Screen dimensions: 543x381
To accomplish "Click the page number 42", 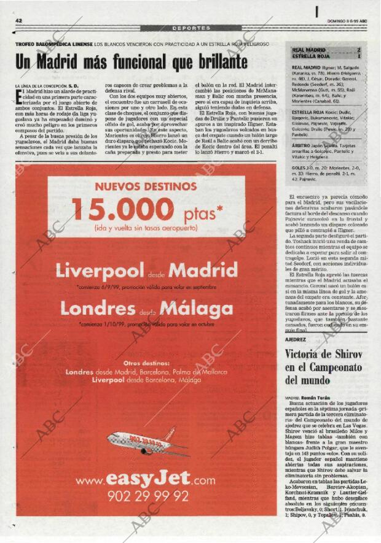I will [19, 21].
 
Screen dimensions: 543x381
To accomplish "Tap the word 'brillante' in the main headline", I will [214, 62].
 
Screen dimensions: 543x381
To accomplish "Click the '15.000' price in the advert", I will [124, 209].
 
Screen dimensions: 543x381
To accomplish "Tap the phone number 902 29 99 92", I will [147, 496].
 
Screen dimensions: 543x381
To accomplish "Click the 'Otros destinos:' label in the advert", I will [146, 363].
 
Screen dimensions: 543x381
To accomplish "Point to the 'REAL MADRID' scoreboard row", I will [326, 50].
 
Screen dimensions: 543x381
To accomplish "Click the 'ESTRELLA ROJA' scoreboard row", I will [326, 56].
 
